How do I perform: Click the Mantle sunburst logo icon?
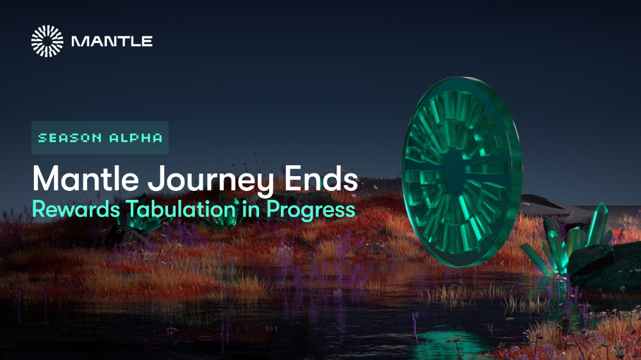[47, 41]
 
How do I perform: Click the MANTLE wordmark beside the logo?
[112, 41]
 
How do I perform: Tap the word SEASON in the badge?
[70, 138]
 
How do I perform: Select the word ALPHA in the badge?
[136, 138]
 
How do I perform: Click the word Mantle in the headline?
[85, 178]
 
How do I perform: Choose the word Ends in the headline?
[321, 178]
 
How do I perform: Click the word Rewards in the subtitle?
[76, 209]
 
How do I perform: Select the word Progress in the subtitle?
[311, 211]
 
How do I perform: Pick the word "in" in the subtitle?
[251, 209]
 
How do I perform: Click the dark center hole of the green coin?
[454, 172]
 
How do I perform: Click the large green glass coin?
[462, 172]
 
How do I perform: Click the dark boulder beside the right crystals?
[605, 266]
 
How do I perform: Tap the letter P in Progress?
[272, 209]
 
